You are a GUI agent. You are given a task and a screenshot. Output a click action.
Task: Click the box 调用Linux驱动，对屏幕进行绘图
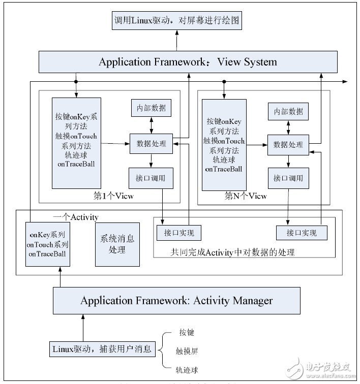176,22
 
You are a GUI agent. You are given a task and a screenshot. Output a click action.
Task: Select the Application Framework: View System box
188,62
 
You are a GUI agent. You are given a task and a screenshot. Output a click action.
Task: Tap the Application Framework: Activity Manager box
176,301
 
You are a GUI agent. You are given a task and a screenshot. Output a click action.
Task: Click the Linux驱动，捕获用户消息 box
102,349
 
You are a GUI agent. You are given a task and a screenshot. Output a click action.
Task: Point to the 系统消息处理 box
117,244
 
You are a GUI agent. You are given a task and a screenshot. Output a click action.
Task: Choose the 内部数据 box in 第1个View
151,108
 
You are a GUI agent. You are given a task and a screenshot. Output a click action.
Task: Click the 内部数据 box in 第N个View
288,111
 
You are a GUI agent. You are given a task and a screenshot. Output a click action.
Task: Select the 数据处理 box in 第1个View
151,143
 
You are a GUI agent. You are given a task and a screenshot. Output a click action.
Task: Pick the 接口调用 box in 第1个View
151,178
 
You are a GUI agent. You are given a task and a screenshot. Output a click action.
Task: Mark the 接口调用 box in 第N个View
288,178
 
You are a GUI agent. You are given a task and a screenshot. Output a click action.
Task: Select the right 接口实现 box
301,233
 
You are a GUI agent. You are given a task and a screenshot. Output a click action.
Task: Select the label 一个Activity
76,217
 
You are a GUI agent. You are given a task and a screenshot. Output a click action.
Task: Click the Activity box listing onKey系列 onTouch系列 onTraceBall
48,244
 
